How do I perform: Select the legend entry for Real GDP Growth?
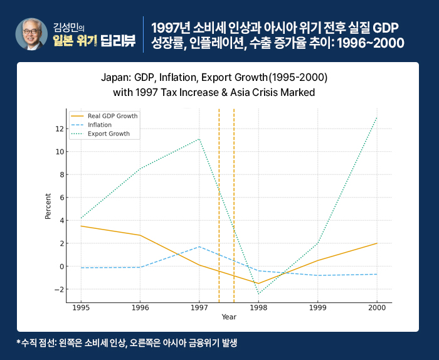(112, 116)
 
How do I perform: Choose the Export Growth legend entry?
(108, 134)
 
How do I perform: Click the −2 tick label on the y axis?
(59, 290)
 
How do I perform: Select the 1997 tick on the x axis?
(199, 309)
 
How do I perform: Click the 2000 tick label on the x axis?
(376, 309)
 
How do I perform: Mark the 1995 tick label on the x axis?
(80, 309)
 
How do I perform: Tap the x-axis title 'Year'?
(229, 317)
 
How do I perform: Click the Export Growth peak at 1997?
(199, 139)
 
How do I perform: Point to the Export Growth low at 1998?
(258, 294)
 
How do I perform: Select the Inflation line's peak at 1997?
(199, 246)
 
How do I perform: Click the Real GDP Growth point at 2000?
(376, 243)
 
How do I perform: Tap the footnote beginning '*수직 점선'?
(127, 344)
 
